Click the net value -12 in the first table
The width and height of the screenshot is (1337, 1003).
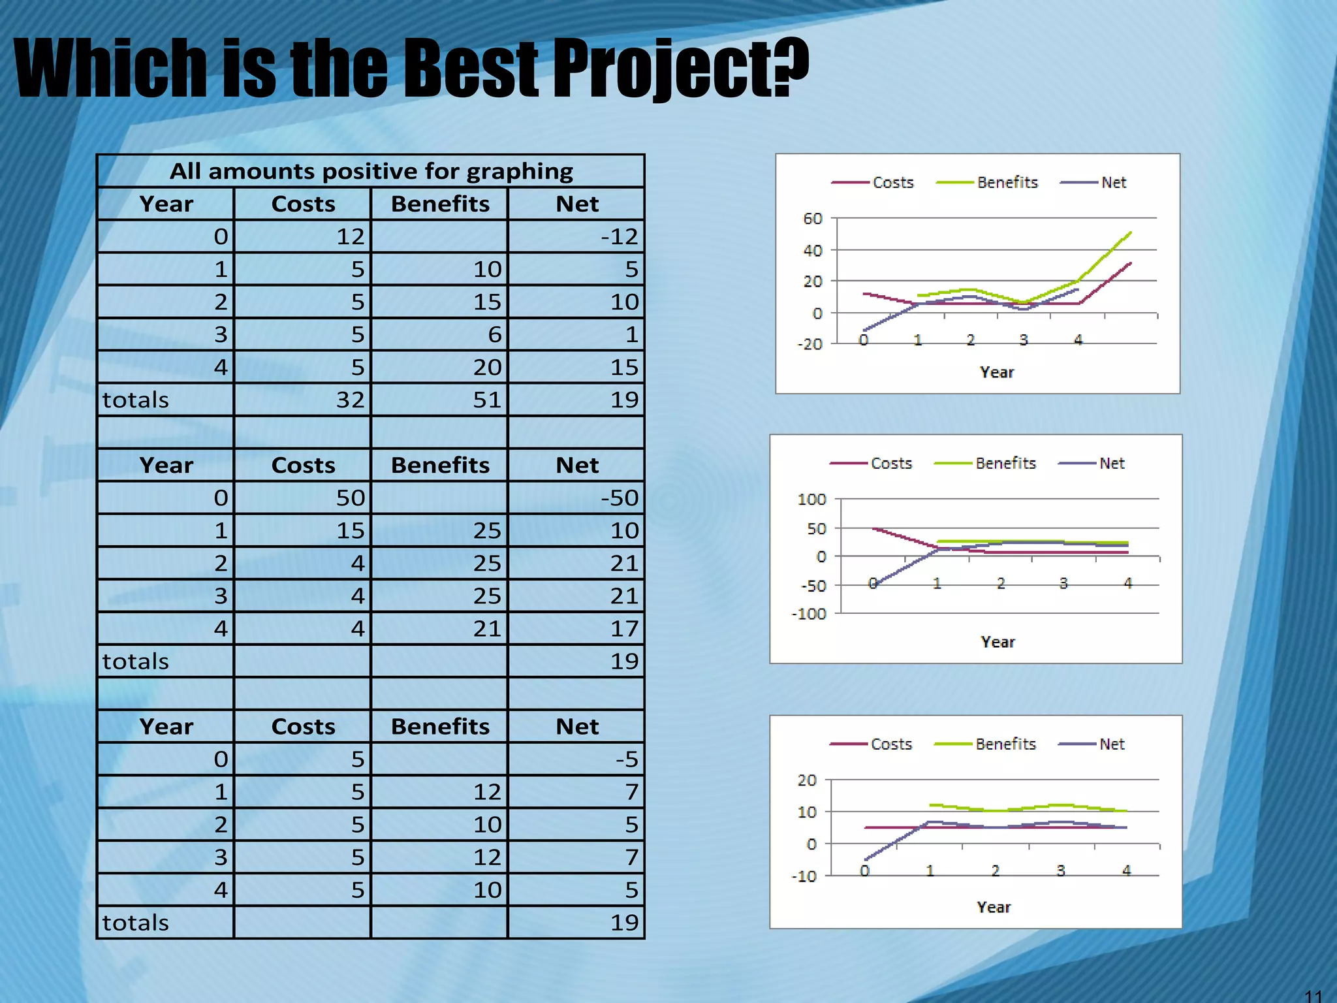click(x=619, y=236)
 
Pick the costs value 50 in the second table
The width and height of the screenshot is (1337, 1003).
click(x=350, y=498)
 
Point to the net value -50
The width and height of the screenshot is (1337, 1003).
click(x=619, y=498)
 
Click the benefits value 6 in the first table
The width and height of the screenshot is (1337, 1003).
click(x=494, y=334)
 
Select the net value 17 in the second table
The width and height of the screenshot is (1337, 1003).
click(x=623, y=629)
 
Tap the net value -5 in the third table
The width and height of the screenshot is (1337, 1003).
click(x=626, y=759)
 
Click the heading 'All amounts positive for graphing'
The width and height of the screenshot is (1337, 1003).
click(x=371, y=171)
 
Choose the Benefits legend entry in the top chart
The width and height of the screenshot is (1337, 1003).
click(x=1007, y=183)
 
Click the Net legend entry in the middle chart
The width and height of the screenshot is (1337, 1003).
click(x=1111, y=464)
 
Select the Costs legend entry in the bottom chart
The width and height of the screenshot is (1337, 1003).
click(x=890, y=744)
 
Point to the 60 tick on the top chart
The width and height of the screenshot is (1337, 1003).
click(x=812, y=219)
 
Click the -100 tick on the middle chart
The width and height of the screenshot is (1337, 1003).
click(x=808, y=614)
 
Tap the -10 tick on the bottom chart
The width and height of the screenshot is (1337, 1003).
click(x=803, y=876)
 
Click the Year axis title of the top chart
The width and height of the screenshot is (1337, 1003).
click(x=996, y=372)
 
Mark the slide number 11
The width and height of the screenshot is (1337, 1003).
click(x=1313, y=996)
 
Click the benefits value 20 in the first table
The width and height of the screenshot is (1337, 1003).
click(x=487, y=367)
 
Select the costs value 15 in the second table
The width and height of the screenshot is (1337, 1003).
click(x=350, y=531)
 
